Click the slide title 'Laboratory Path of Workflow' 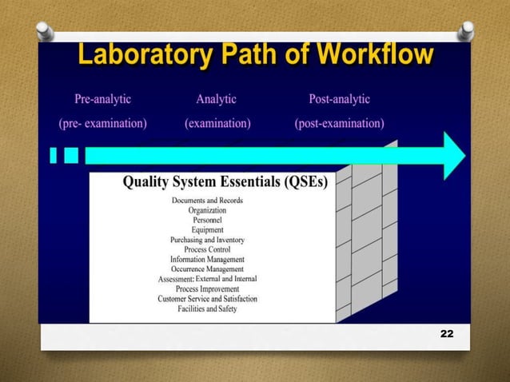point(255,56)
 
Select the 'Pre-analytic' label point(102,100)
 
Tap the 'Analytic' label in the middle point(217,100)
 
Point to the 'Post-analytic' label point(339,100)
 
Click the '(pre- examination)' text point(102,124)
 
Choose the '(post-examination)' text point(339,124)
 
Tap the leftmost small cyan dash point(54,154)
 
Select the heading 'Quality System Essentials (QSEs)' point(225,182)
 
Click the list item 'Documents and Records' point(207,200)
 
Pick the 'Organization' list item point(207,210)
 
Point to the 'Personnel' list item point(207,220)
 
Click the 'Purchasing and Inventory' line point(207,240)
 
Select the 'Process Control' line point(207,249)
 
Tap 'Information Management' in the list point(207,260)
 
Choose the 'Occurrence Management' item point(207,269)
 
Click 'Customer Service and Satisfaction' point(207,299)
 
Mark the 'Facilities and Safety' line point(207,308)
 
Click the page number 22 point(446,332)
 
